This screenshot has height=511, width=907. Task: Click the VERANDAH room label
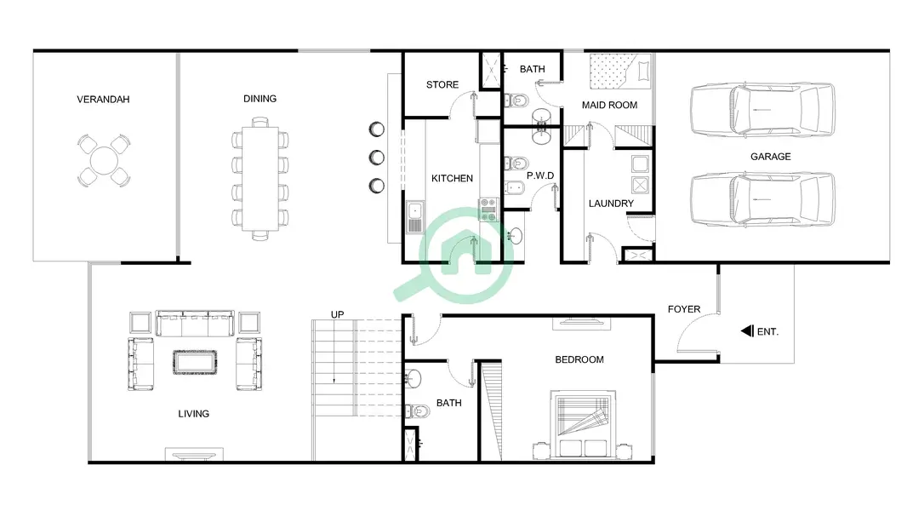pos(103,100)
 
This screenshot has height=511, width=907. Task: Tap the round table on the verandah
pos(104,160)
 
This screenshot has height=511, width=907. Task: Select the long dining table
pos(260,178)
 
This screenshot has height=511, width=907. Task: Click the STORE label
pos(442,84)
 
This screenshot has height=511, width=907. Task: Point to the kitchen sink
pos(414,217)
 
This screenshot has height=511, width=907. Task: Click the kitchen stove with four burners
pos(488,210)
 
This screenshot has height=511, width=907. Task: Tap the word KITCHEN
pos(453,178)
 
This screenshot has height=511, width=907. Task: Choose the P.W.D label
pos(540,175)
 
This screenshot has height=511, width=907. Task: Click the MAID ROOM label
pos(610,105)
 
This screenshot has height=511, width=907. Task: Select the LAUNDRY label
pos(612,204)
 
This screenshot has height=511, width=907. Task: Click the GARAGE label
pos(771,156)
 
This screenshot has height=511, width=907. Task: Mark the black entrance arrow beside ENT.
pos(747,331)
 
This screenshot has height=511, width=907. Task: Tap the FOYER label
pos(684,309)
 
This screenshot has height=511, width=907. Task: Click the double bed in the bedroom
pos(583,424)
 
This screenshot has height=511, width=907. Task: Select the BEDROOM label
pos(579,359)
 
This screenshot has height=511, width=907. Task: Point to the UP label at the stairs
pos(337,314)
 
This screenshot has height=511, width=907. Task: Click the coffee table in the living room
pos(195,362)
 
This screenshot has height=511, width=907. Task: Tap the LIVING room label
pos(194,414)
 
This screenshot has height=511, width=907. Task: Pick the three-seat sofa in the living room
pos(195,324)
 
